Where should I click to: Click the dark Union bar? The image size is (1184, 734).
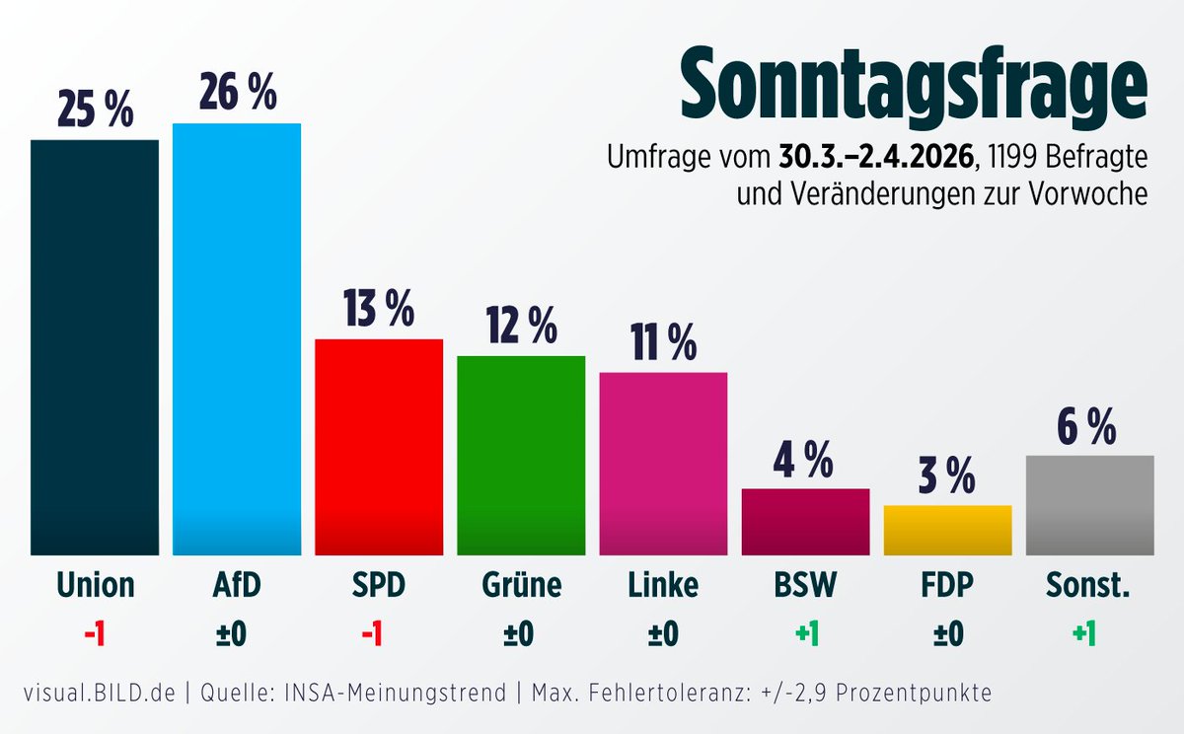point(95,347)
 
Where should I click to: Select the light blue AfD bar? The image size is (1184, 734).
point(237,338)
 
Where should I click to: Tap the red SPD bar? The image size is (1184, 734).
point(379,447)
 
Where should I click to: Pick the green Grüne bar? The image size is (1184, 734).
point(521,455)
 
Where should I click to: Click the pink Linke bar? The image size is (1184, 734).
point(663,464)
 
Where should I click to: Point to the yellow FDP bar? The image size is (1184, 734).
point(947,530)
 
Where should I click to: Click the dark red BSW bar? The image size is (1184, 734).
point(805,522)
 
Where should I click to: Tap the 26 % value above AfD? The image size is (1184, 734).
point(237,94)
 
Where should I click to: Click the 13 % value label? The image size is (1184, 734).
point(379,310)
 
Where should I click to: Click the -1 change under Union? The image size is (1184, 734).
point(95,632)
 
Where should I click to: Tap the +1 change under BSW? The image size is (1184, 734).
point(805,632)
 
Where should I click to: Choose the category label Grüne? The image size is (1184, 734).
point(521,585)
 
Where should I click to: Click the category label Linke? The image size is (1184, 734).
point(663,585)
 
